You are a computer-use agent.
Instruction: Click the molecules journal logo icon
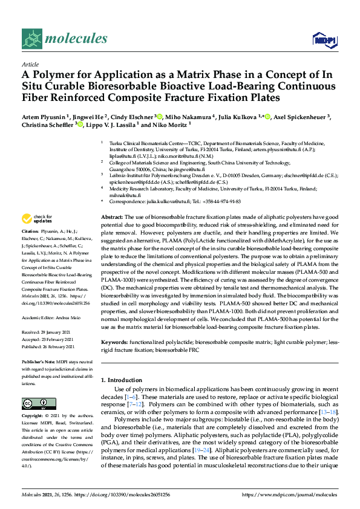(x=31, y=39)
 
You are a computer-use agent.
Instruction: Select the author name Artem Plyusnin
(x=43, y=117)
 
